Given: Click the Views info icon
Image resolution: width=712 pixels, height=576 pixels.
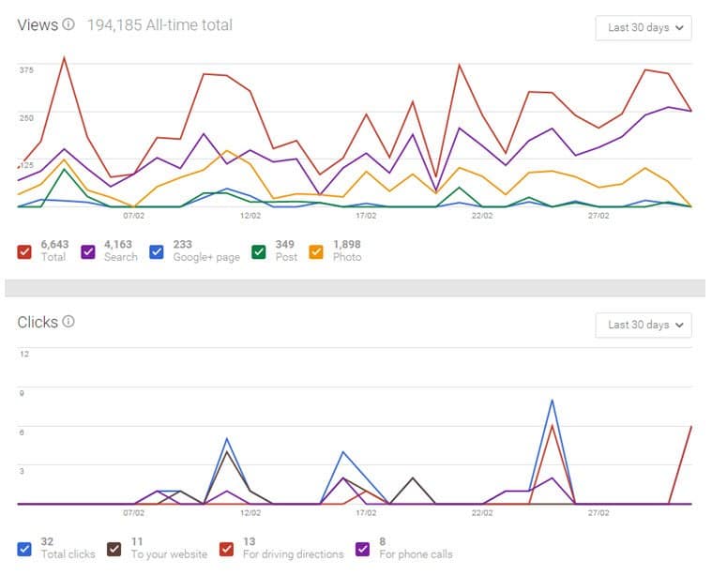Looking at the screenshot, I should (68, 25).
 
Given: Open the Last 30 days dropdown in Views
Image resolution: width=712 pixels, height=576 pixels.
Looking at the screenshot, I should (644, 28).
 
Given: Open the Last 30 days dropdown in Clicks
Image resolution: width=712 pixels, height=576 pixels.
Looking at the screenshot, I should (644, 325).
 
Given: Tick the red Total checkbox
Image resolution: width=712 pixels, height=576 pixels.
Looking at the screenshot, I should (25, 250).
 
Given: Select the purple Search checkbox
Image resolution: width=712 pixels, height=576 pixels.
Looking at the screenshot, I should (88, 250).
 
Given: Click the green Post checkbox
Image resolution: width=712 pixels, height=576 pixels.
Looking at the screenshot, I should (259, 250).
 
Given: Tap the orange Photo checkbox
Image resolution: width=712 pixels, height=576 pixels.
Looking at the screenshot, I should (317, 250).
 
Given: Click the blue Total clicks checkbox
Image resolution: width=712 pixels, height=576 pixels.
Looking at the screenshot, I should (25, 548).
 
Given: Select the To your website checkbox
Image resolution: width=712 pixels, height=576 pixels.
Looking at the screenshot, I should (114, 548).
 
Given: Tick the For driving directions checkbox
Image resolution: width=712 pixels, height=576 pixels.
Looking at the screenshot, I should (227, 548).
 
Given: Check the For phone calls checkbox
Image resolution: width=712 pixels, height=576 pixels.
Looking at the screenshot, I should (363, 548).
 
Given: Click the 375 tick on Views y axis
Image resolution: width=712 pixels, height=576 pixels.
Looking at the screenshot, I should (26, 70).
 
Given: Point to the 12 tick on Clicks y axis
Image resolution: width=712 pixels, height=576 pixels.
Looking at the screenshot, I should (25, 354).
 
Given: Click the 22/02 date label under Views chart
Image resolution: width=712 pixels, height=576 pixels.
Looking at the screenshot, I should (482, 215).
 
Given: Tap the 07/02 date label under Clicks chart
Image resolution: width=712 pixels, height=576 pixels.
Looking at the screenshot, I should (133, 513).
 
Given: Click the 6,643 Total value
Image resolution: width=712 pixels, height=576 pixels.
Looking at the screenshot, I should (55, 245).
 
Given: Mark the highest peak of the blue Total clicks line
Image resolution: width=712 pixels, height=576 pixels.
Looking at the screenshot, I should (553, 400).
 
